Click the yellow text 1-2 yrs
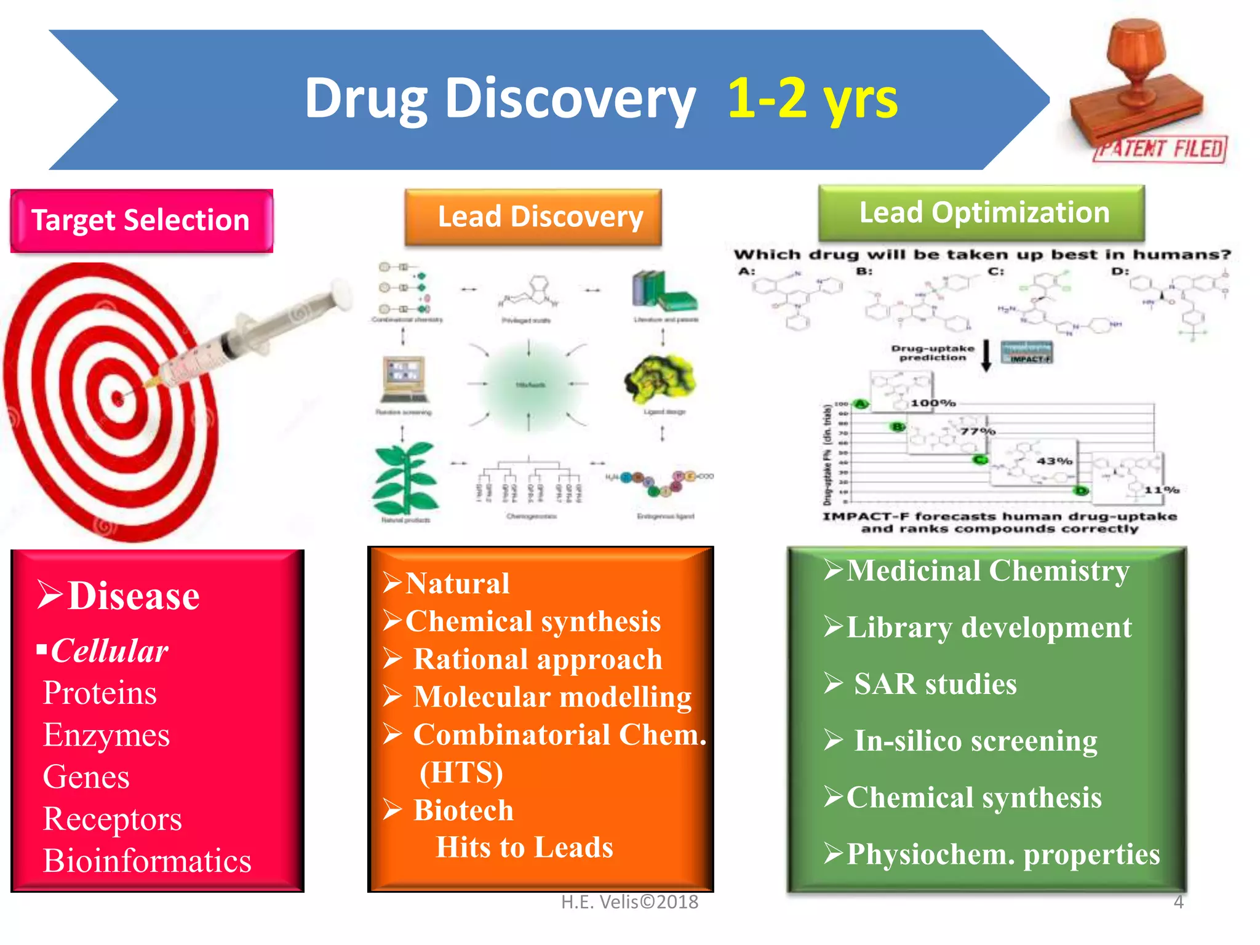[812, 98]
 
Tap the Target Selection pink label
[142, 220]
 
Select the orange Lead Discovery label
[533, 217]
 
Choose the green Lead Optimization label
[983, 212]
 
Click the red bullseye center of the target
[118, 398]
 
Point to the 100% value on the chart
[933, 403]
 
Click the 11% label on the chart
[1162, 490]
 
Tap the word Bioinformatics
[147, 860]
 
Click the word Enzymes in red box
[106, 735]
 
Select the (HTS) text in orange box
[461, 772]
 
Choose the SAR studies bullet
[935, 684]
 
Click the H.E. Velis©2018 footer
[629, 902]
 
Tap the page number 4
[1178, 902]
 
